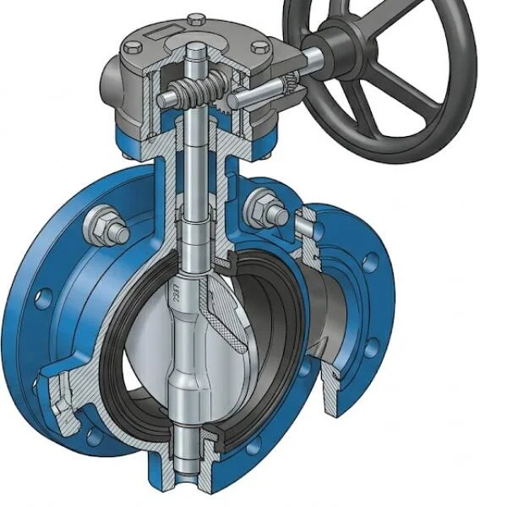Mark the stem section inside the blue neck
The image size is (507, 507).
[196, 169]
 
